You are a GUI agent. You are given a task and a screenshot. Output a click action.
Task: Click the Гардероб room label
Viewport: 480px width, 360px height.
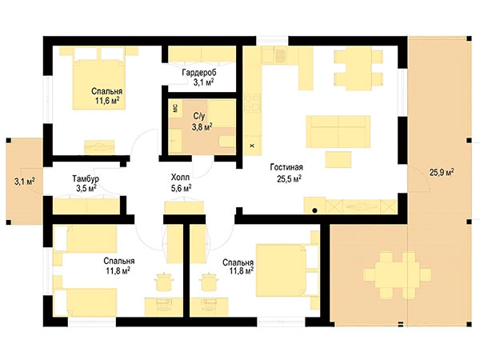[199, 73]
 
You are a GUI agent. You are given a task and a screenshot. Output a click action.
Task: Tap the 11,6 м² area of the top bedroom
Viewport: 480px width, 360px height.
[107, 101]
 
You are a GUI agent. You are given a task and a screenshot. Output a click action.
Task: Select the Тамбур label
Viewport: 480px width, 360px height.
[86, 178]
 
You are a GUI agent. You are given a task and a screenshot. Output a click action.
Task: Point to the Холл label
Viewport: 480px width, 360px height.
[180, 178]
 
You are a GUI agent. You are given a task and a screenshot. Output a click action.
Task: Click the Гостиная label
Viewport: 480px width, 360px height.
[286, 167]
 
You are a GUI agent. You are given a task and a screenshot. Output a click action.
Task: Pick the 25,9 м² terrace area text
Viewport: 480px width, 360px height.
[442, 172]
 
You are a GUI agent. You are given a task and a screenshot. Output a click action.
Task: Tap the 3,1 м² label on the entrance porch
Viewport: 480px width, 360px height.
[24, 182]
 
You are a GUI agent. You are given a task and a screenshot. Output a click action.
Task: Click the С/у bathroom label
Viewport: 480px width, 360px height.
[199, 116]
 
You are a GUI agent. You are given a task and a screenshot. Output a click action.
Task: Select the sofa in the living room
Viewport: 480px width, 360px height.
[338, 132]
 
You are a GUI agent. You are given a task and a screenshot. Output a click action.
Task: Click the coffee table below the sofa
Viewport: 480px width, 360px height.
[338, 159]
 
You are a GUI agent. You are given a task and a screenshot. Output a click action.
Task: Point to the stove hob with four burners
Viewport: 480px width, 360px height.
[253, 103]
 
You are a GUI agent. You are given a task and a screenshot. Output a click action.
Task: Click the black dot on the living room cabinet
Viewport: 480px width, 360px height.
[314, 210]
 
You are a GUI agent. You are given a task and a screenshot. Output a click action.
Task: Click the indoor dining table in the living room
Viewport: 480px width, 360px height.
[358, 68]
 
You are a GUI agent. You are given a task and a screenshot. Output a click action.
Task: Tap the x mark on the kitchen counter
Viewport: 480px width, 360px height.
[252, 146]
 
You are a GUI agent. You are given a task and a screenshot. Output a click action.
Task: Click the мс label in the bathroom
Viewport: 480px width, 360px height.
[175, 108]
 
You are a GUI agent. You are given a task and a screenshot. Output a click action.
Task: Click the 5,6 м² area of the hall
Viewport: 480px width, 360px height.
[182, 188]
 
